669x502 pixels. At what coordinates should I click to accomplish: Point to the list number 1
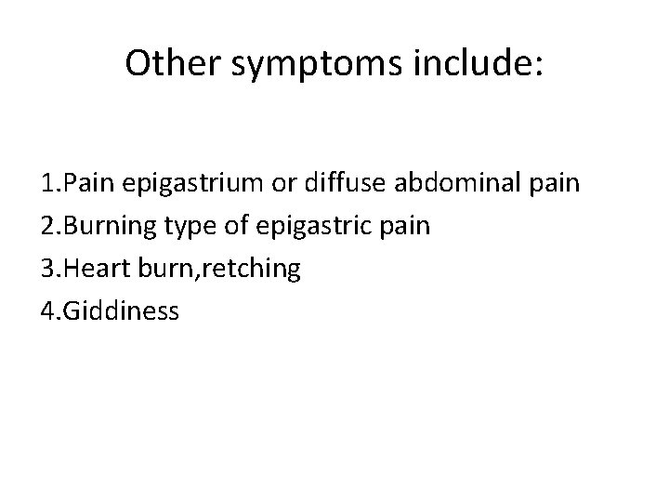[47, 183]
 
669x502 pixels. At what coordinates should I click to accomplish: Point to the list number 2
[47, 226]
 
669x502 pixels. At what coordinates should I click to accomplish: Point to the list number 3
[47, 269]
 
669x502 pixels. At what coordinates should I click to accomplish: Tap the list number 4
[47, 311]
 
